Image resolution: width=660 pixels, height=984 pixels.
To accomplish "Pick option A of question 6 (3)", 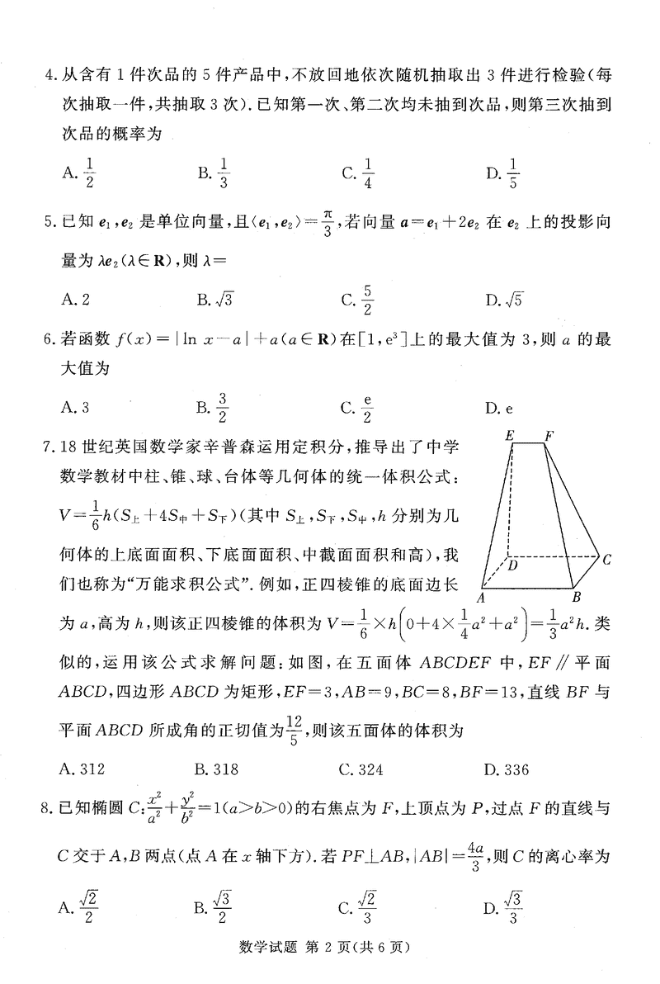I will [x=75, y=406].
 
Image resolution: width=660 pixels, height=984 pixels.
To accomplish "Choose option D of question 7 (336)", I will [x=507, y=769].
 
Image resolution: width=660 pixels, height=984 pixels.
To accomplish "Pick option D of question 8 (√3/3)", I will [x=504, y=908].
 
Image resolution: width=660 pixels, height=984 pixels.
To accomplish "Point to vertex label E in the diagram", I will [x=511, y=434].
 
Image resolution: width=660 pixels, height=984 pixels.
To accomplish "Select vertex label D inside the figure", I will [x=512, y=566].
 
